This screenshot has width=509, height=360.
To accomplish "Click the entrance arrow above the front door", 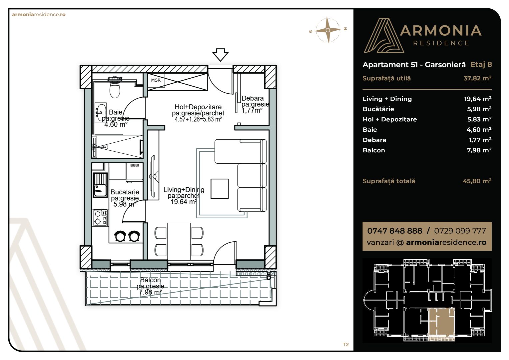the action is [220, 55].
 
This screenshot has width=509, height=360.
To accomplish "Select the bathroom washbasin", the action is [101, 113].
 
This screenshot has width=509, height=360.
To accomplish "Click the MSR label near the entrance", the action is [156, 80].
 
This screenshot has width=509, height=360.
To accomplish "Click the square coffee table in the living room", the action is [220, 189].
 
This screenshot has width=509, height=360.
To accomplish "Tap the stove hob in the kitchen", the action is [100, 218].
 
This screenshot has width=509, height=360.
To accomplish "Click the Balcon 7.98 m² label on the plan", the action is [150, 286].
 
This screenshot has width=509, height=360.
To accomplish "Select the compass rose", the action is [328, 30].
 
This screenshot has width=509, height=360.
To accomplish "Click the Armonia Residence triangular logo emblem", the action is [384, 35].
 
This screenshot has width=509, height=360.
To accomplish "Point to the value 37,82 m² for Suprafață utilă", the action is [477, 78].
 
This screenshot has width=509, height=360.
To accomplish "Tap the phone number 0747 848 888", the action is [394, 231].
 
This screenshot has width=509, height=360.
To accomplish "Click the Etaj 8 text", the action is [481, 65].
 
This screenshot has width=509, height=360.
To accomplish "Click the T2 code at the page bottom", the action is [346, 345].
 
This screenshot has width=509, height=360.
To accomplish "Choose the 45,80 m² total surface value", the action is [477, 181].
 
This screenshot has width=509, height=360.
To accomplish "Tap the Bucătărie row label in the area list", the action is [378, 109].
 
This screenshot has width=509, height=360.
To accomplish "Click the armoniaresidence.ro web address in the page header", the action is [39, 15].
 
